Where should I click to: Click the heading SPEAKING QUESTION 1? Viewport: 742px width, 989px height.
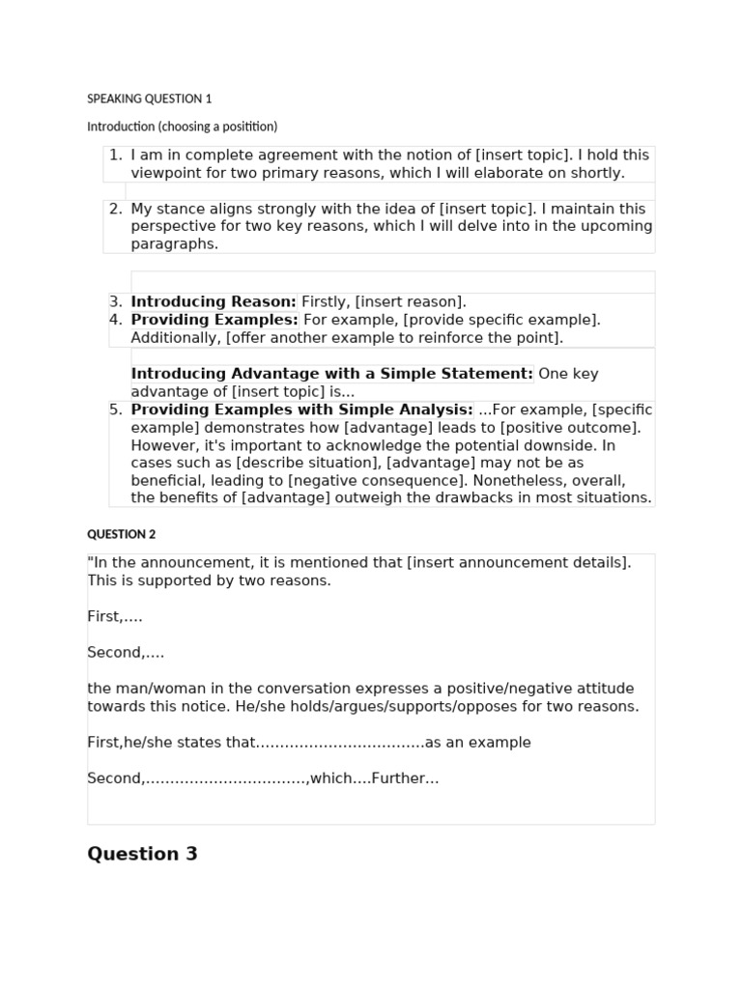149,99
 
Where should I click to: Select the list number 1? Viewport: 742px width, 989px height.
115,155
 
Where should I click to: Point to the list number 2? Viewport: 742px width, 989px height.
115,209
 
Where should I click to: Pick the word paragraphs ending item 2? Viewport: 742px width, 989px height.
174,243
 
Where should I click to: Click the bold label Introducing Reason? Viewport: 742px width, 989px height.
214,301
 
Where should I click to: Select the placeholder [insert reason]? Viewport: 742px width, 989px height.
411,301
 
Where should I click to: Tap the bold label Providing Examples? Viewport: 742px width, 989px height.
214,320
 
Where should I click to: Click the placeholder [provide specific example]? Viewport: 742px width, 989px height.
501,320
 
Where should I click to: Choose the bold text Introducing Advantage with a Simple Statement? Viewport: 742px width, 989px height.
331,374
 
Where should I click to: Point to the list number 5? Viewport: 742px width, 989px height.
115,410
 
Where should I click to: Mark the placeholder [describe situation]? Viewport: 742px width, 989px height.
308,463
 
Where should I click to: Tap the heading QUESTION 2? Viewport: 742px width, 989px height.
121,534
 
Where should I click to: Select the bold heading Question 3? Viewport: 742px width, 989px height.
142,854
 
